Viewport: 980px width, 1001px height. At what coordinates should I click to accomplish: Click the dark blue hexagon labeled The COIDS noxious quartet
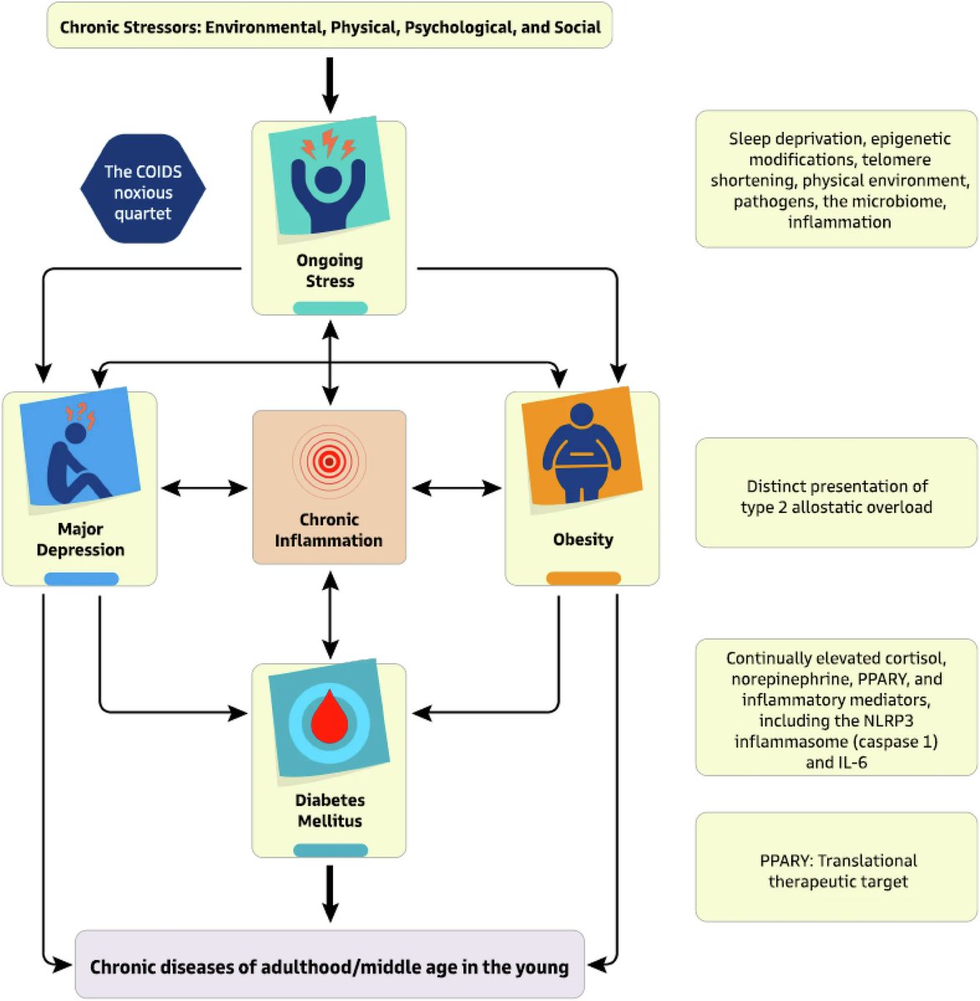pos(143,189)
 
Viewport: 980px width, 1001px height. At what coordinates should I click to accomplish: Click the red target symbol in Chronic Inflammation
pos(329,460)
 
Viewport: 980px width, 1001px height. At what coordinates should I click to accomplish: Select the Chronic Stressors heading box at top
pos(330,27)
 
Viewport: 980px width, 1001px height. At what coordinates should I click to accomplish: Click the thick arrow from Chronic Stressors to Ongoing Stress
pos(330,83)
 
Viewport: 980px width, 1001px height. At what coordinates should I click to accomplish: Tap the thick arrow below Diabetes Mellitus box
pos(330,893)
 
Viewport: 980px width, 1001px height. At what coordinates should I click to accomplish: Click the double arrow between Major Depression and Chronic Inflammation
pos(205,488)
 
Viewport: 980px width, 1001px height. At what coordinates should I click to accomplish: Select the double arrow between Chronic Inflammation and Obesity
pos(456,488)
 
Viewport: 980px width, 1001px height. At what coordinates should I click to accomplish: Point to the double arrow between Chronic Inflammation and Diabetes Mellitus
pos(331,614)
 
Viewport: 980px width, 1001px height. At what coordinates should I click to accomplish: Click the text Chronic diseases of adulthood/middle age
pos(329,967)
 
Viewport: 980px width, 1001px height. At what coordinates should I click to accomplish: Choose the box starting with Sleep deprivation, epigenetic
pos(837,179)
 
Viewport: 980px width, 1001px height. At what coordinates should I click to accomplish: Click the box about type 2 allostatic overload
pos(836,496)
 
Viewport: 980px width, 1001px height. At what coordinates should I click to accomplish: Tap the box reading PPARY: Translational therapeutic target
pos(836,870)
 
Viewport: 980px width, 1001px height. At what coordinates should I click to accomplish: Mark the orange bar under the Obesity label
pos(583,577)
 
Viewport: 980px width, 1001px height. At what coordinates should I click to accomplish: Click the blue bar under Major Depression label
pos(81,578)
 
